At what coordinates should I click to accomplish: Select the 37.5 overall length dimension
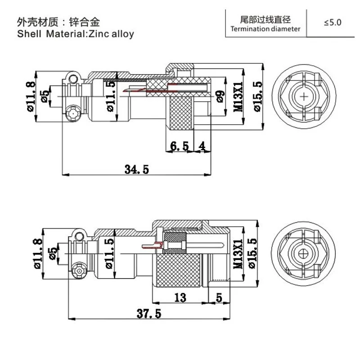coord(148,314)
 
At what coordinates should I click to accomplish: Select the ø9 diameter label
coord(220,97)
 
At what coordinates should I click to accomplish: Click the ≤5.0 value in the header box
coord(333,22)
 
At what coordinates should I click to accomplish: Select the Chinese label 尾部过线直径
coord(265,19)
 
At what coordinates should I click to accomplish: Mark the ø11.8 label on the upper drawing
coord(31,96)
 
